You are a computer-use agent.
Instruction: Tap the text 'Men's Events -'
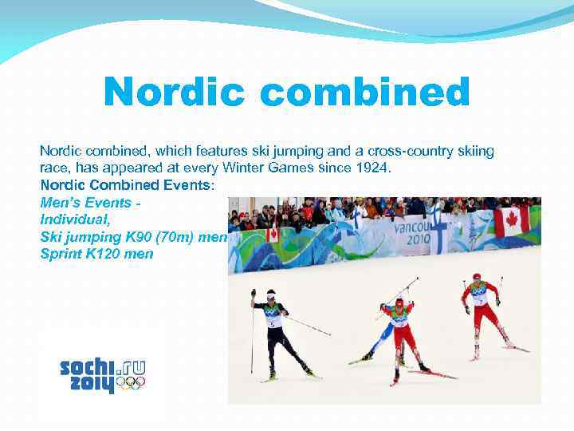pos(91,203)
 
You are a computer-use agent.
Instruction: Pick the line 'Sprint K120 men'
pos(96,254)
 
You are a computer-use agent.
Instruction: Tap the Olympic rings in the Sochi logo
pos(130,383)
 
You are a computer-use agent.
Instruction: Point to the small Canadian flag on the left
pos(273,235)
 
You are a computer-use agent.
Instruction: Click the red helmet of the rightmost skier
pos(477,277)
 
